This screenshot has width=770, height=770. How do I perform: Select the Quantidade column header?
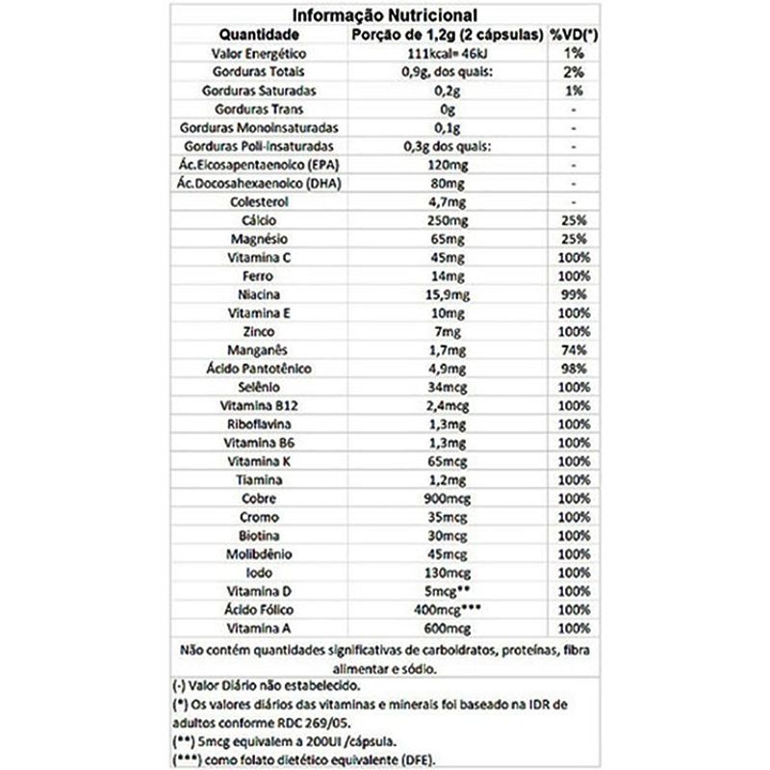[255, 35]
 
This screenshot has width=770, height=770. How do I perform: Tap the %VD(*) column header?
[575, 35]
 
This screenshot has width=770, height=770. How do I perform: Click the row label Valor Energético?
[255, 53]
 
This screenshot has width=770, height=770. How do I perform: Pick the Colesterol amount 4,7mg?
[446, 202]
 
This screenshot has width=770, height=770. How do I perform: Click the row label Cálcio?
[255, 220]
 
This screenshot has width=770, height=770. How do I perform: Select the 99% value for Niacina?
[573, 295]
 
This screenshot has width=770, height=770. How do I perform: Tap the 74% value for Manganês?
[573, 350]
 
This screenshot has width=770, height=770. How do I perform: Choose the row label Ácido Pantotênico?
[255, 369]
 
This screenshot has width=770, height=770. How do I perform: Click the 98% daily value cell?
[573, 369]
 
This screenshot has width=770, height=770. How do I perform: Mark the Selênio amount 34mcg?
[446, 387]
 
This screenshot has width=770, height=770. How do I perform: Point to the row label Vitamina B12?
[255, 405]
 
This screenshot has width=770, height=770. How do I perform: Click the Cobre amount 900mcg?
[446, 498]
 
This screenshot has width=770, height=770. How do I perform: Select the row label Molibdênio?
[255, 553]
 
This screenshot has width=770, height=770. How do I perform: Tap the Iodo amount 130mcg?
[446, 572]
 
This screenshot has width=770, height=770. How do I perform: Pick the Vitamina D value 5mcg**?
[448, 590]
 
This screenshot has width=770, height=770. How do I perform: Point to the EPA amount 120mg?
[446, 166]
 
